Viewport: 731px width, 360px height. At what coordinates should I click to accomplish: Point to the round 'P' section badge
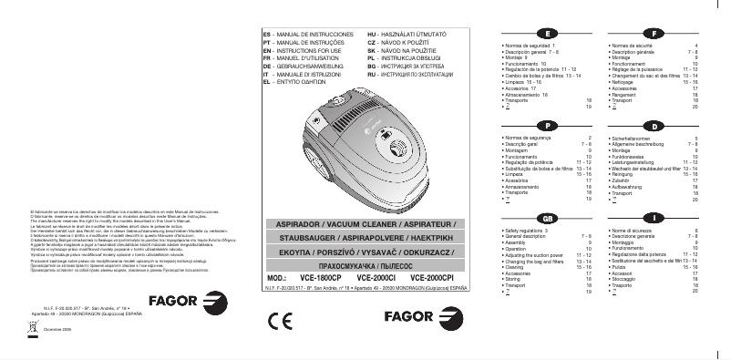point(545,124)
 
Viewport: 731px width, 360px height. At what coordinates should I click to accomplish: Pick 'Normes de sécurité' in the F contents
point(633,45)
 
